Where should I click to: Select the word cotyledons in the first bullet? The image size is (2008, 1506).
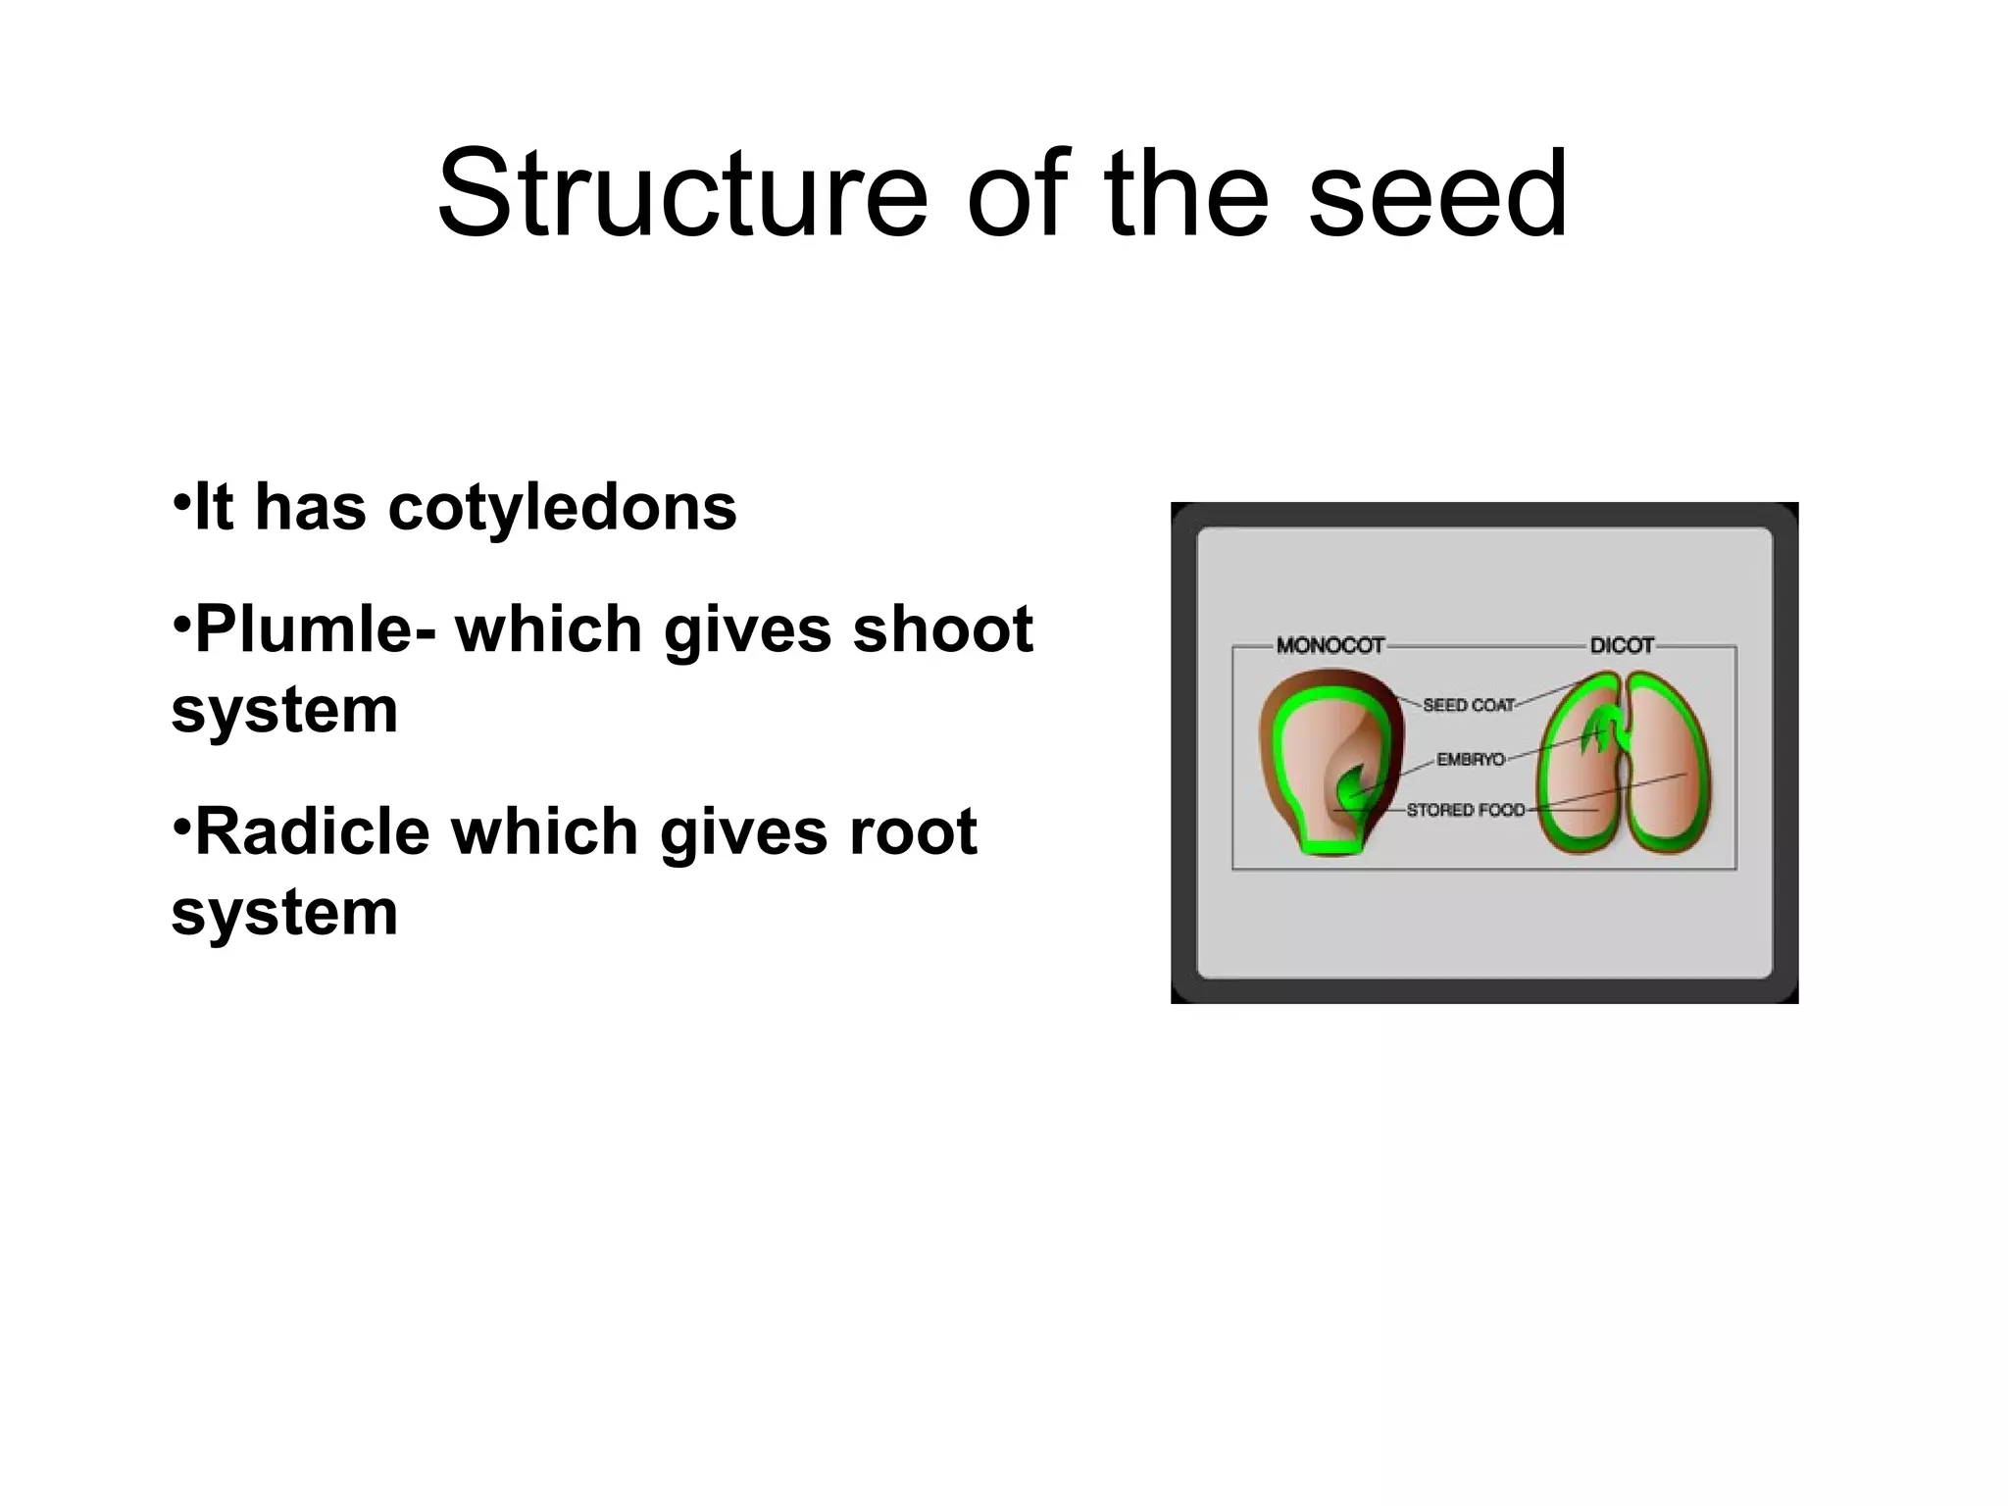[562, 508]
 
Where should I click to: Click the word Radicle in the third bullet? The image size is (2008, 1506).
[312, 831]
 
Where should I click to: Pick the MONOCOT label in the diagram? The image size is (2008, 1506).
[1330, 645]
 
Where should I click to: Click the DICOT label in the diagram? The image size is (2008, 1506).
[1622, 645]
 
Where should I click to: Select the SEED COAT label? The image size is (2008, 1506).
[1468, 705]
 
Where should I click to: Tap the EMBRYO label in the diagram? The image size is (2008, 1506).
[1470, 760]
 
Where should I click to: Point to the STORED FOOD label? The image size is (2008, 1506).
[1465, 810]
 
